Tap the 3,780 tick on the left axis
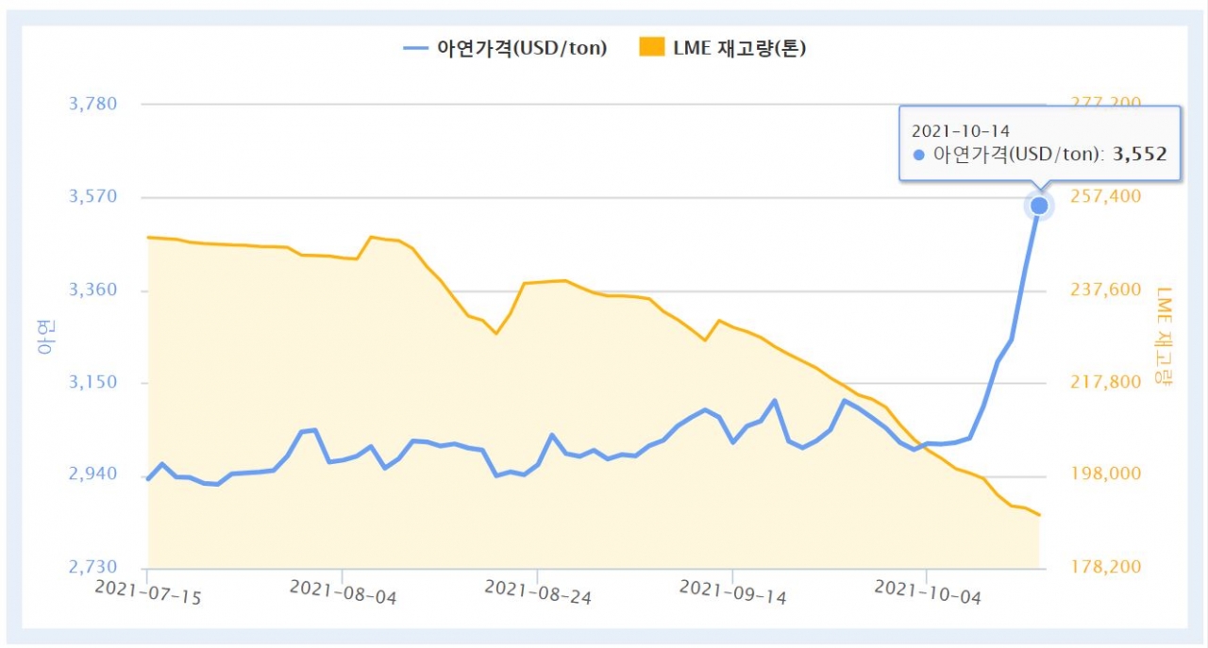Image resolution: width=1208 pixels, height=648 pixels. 92,104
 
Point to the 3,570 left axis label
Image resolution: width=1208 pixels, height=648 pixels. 92,196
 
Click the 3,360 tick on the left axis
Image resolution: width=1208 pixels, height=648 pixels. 92,290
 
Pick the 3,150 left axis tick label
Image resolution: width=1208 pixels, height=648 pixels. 92,382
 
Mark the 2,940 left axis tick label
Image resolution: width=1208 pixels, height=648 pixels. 92,474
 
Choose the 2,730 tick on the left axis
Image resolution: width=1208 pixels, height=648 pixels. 92,567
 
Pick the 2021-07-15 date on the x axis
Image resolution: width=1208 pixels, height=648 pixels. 149,592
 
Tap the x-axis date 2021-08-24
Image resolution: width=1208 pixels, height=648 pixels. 538,593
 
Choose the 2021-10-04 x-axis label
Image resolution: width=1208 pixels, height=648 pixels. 928,593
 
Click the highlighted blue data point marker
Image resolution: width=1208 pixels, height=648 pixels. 1039,206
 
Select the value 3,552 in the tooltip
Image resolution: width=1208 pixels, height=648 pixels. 1140,154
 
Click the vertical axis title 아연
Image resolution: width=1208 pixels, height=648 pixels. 46,336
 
